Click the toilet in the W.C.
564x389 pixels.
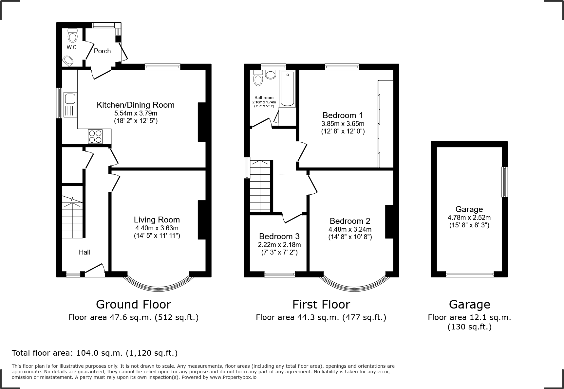72,35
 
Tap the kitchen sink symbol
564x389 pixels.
70,105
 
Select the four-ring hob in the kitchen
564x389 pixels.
95,136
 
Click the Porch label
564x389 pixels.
102,51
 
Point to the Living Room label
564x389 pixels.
157,220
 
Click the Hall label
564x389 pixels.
84,252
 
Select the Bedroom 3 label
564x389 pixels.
279,236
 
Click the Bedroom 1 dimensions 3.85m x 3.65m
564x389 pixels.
343,124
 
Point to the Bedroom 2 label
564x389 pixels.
350,221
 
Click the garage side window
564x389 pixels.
505,182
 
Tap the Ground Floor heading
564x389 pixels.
133,305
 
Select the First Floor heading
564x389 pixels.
321,305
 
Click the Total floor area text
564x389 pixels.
95,353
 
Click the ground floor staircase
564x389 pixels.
72,218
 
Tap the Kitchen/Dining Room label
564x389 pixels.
135,105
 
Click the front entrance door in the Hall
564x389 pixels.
95,270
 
